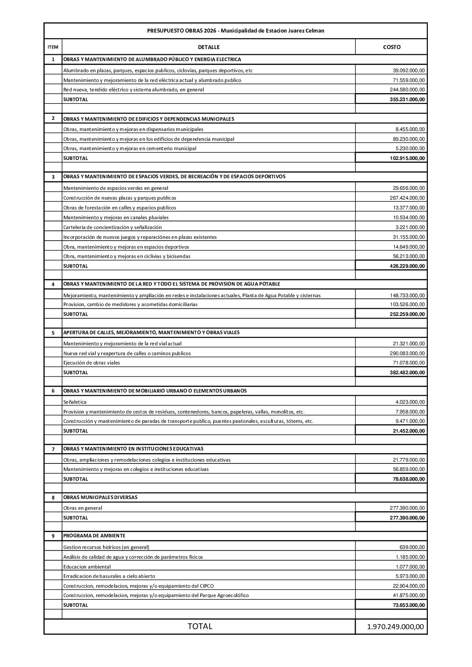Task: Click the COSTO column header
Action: click(x=391, y=47)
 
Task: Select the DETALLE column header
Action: click(x=209, y=47)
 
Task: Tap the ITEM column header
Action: click(x=53, y=47)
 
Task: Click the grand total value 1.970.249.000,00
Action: click(x=395, y=626)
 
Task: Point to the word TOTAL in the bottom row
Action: click(x=200, y=626)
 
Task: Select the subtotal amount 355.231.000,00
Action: click(x=407, y=99)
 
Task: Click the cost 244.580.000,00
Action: click(x=407, y=90)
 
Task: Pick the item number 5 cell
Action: click(x=53, y=332)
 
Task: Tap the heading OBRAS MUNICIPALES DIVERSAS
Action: click(x=100, y=497)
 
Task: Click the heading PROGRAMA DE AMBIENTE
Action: click(x=94, y=536)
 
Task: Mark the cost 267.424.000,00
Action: click(x=407, y=198)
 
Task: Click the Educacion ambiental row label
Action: click(x=87, y=567)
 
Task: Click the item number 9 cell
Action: click(x=53, y=536)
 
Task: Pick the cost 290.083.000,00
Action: click(x=407, y=353)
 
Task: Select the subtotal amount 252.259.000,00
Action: click(x=407, y=314)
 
